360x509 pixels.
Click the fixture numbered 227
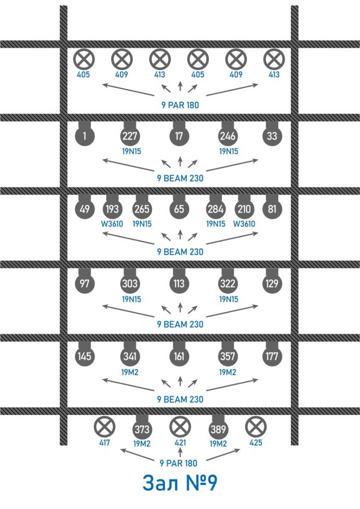click(130, 136)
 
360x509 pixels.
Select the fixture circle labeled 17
click(179, 136)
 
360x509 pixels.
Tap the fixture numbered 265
click(142, 209)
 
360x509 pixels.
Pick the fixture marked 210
click(244, 209)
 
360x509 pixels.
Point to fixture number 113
click(179, 283)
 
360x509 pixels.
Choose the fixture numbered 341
click(130, 356)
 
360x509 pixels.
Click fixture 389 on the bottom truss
click(218, 429)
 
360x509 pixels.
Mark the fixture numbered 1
click(84, 136)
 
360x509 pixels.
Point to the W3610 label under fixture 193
click(112, 224)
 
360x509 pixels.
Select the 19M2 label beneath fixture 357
click(228, 372)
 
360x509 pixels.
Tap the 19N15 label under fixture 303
click(132, 299)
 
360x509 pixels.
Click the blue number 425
click(256, 443)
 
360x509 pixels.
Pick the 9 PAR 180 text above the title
click(179, 463)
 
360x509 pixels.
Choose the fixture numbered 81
click(272, 209)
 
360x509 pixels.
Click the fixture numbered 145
click(84, 356)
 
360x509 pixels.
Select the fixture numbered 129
click(272, 283)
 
